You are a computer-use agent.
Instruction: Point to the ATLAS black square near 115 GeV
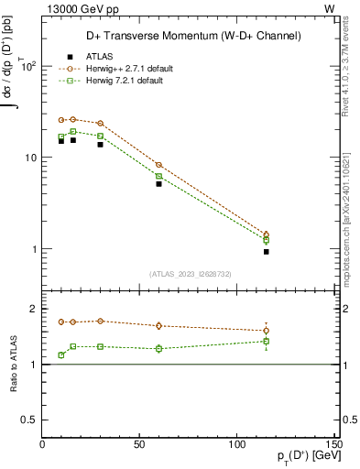click(267, 251)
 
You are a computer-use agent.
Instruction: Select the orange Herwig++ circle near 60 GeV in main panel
click(158, 165)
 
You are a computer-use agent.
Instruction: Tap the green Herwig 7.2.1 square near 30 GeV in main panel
click(101, 136)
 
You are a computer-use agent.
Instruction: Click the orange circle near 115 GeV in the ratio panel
click(267, 331)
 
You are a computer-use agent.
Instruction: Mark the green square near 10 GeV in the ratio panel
click(61, 354)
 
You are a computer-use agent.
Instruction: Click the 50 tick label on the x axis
click(139, 444)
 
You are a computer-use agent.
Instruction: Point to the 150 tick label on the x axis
click(334, 444)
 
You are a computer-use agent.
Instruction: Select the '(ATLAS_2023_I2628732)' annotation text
click(191, 274)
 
